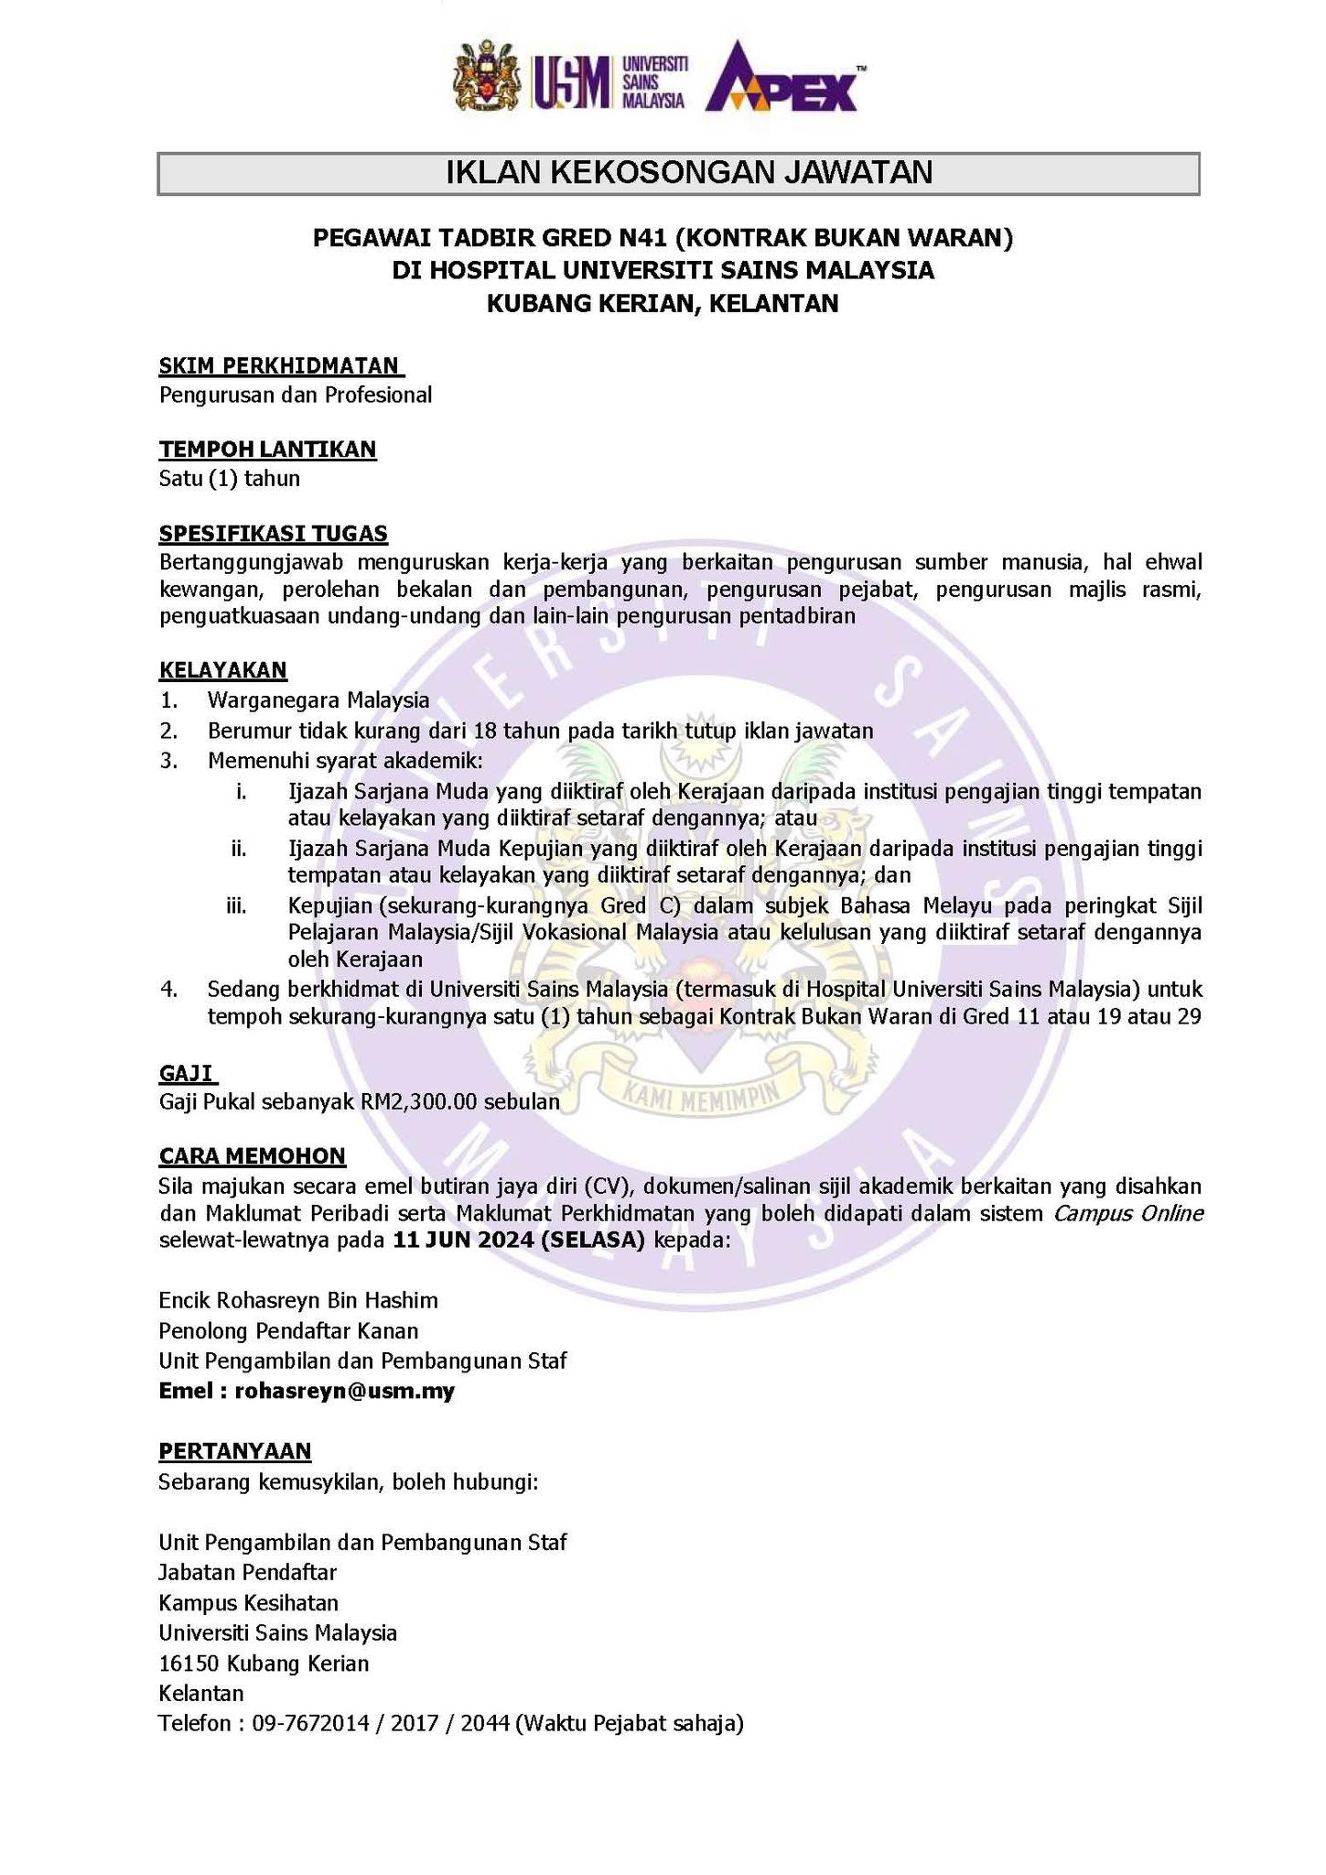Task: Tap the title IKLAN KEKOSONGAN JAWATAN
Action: click(678, 173)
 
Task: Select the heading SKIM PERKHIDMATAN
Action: click(281, 366)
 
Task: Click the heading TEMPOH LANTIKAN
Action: click(267, 449)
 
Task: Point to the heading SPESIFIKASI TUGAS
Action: click(273, 533)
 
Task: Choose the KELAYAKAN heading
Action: click(222, 670)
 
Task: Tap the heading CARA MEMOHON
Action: click(252, 1156)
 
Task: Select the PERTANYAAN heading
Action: click(234, 1451)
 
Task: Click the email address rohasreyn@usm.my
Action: click(344, 1392)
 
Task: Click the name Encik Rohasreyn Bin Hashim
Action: click(297, 1300)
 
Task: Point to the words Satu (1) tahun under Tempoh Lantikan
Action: click(229, 478)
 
